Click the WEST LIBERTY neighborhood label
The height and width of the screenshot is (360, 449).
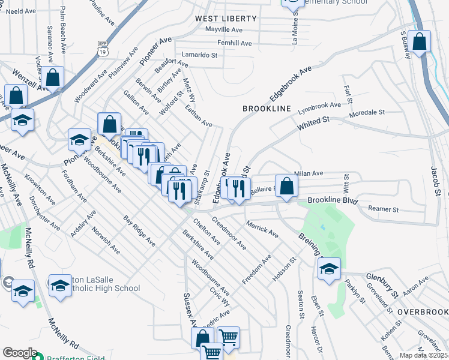226,19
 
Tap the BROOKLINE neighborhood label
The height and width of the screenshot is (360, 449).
267,109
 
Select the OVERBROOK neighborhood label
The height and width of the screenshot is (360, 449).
423,312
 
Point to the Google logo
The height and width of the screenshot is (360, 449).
19,353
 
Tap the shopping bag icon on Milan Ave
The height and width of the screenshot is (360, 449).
287,187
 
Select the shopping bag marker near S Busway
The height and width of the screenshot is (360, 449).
420,42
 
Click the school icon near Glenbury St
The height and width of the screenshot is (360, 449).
329,270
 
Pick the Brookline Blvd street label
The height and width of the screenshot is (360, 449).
332,202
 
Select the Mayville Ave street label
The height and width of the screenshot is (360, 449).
223,29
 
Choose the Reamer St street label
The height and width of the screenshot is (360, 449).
387,209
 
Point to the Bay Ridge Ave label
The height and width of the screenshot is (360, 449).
139,231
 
